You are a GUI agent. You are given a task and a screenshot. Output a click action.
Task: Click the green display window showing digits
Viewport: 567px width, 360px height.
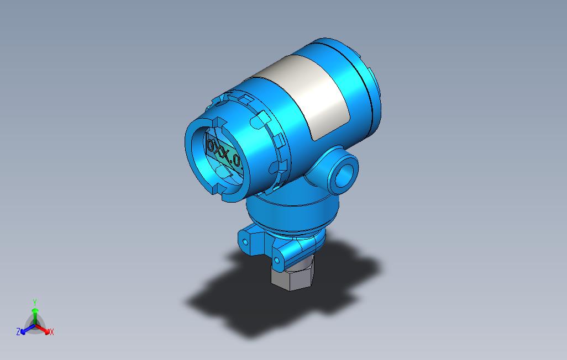pyautogui.click(x=224, y=156)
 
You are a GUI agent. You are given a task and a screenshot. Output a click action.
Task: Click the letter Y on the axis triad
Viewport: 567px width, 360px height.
pyautogui.click(x=34, y=302)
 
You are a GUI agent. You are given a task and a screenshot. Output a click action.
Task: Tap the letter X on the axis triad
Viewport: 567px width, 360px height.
pyautogui.click(x=51, y=332)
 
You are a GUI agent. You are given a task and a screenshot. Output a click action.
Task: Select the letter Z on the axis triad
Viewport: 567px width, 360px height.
pyautogui.click(x=18, y=332)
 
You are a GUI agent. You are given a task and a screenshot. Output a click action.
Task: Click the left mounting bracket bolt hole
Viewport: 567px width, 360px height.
pyautogui.click(x=244, y=241)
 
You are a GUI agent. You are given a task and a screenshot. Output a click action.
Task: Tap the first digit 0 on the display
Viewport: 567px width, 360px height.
pyautogui.click(x=211, y=147)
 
